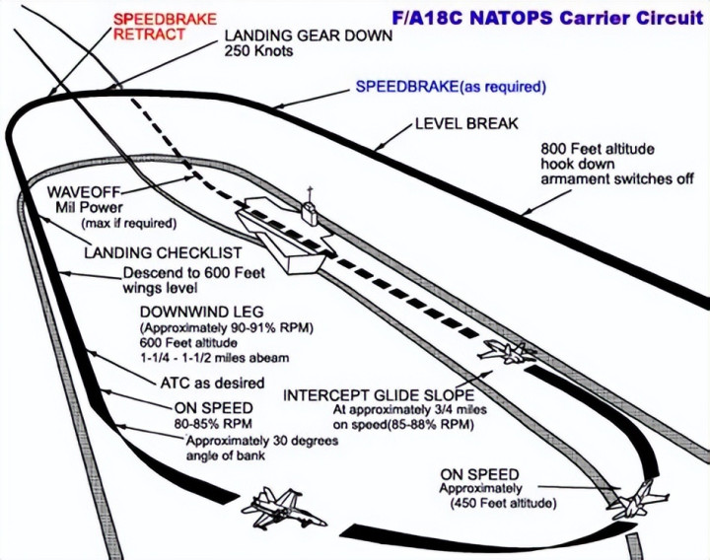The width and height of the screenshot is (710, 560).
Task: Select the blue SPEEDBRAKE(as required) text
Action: point(451,87)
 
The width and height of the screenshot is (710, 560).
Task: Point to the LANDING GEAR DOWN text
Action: point(309,35)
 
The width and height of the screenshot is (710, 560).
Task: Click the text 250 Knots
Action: point(259,51)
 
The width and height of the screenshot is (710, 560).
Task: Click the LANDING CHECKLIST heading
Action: point(162,253)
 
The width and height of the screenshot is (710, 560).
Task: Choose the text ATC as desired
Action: point(211,383)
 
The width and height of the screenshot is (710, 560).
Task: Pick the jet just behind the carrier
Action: point(507,351)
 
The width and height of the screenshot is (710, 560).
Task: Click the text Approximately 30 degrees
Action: point(262,440)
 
